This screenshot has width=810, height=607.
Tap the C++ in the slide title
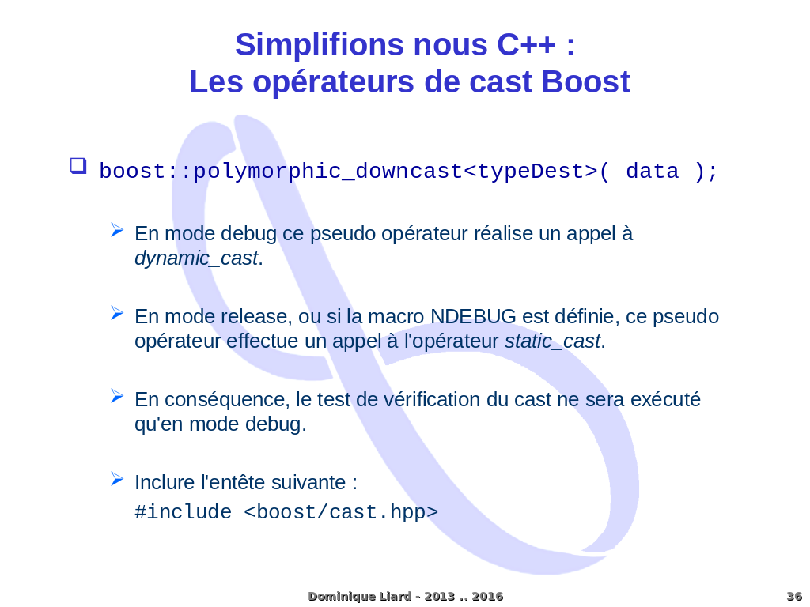pyautogui.click(x=526, y=44)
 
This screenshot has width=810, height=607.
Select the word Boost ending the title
pyautogui.click(x=586, y=81)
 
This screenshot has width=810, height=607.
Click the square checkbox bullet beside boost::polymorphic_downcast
pyautogui.click(x=78, y=166)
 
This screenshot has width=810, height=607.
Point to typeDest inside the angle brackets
pyautogui.click(x=531, y=171)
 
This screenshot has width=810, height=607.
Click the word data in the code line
pyautogui.click(x=653, y=171)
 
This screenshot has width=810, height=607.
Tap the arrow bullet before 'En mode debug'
pyautogui.click(x=117, y=230)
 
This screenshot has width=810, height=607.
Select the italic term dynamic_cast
pyautogui.click(x=196, y=258)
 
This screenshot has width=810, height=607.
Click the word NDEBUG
pyautogui.click(x=473, y=316)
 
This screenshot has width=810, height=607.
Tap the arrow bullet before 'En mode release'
pyautogui.click(x=117, y=313)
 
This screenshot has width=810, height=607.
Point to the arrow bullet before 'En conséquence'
pyautogui.click(x=117, y=396)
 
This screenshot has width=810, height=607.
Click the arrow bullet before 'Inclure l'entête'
pyautogui.click(x=117, y=479)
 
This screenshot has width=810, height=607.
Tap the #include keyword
pyautogui.click(x=184, y=512)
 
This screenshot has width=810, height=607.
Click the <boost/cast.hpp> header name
pyautogui.click(x=341, y=512)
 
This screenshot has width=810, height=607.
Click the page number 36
pyautogui.click(x=794, y=597)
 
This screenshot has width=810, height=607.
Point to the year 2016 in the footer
pyautogui.click(x=487, y=597)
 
